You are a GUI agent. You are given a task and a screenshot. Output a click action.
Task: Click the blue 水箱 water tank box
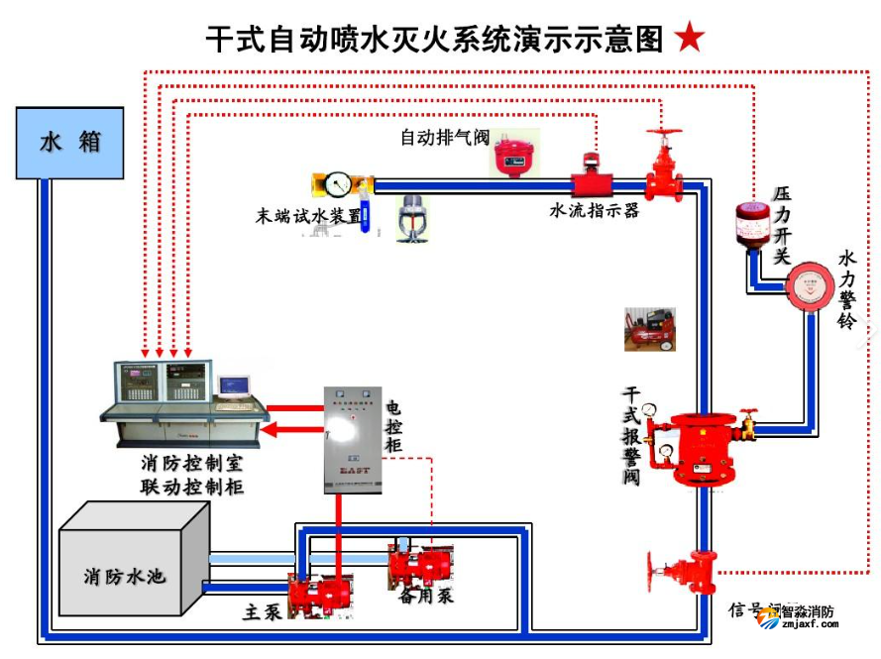(69, 143)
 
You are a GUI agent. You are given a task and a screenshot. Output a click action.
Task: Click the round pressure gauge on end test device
(339, 184)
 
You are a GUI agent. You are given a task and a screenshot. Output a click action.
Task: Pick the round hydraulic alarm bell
(811, 287)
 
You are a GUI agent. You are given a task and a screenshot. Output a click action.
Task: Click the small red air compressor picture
(649, 329)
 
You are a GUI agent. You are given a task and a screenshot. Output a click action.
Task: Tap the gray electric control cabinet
(352, 438)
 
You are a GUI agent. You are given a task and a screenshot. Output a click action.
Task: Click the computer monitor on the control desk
(235, 385)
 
